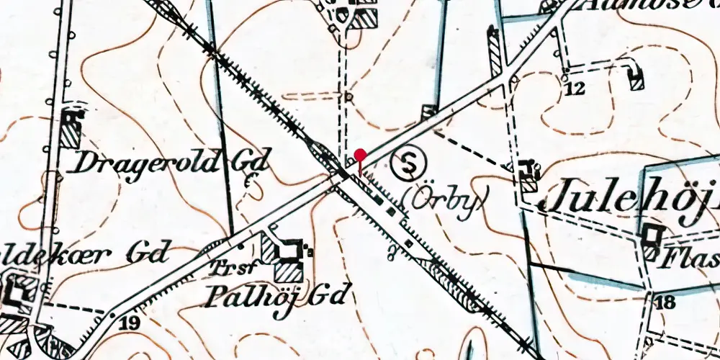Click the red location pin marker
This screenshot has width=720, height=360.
361,155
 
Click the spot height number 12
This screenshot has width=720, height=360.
574,89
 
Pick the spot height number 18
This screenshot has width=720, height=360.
665,302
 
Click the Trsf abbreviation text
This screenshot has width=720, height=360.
226,270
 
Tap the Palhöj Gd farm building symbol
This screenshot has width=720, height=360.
286,258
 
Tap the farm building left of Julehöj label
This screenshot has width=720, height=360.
530,175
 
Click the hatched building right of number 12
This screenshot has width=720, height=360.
636,76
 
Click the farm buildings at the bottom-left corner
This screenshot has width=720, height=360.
18,299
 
